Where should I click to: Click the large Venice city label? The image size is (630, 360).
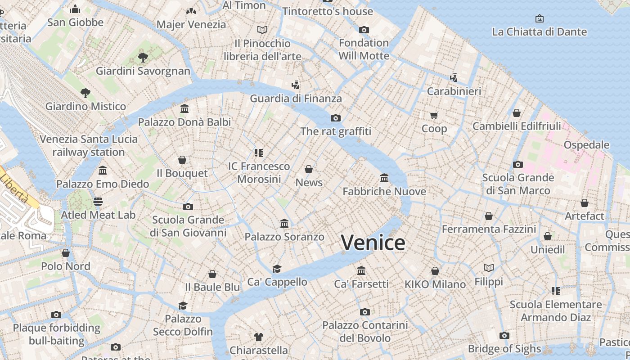pos(373,243)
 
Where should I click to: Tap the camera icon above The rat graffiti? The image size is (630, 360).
pos(335,118)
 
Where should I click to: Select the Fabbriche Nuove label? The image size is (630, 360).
pos(384,191)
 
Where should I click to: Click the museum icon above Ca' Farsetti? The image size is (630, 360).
pos(361,270)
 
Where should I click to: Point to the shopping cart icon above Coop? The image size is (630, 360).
pos(434,115)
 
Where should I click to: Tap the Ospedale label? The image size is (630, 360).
pos(586,145)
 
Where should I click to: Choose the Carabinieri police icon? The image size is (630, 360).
pos(454,77)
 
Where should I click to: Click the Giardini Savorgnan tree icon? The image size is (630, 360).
pos(143,58)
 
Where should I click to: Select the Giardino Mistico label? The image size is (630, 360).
pos(85,107)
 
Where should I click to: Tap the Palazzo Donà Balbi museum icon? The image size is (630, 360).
pos(184,109)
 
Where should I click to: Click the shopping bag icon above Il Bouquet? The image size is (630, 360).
pos(182,160)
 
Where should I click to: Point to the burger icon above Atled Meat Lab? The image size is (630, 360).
pos(98,202)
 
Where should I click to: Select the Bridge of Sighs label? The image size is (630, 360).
pos(504,349)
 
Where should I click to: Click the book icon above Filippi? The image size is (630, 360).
pos(489,268)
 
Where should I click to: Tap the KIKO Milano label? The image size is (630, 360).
pos(435,284)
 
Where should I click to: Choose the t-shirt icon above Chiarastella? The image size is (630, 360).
pos(259,337)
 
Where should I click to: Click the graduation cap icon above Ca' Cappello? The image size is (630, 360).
pos(277,269)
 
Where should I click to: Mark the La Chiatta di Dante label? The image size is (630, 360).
pos(539,32)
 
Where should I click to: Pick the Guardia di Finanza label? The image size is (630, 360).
pos(296,99)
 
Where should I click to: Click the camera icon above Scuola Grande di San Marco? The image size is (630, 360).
pos(518,165)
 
